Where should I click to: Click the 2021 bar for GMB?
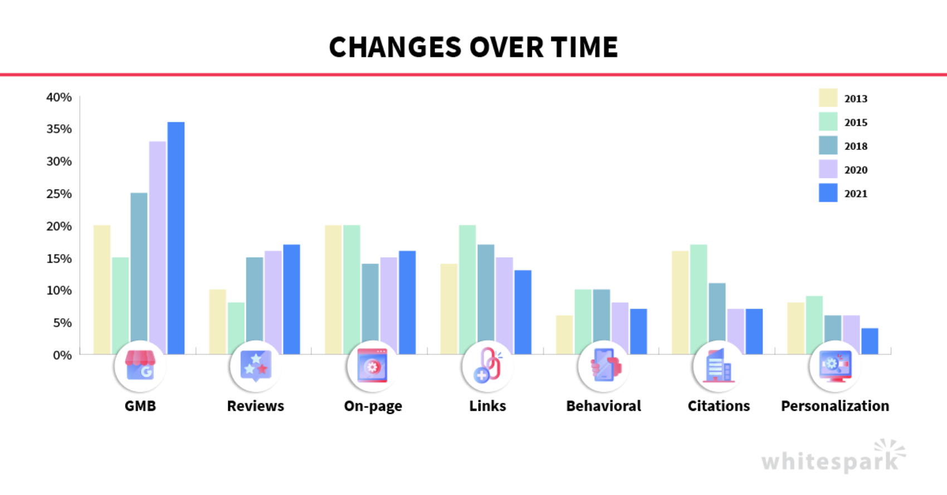click(x=176, y=234)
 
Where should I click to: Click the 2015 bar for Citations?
click(x=699, y=295)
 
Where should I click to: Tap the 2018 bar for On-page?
click(x=370, y=307)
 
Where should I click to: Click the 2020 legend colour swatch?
click(x=828, y=169)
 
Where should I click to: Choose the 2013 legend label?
click(x=856, y=99)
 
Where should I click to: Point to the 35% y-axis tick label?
click(x=59, y=129)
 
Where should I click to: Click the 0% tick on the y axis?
click(x=62, y=355)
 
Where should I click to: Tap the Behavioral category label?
click(x=603, y=406)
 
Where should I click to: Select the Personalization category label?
click(x=834, y=406)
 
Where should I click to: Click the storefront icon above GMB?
click(x=140, y=366)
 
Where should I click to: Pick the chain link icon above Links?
click(x=487, y=366)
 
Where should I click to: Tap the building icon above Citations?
click(x=719, y=366)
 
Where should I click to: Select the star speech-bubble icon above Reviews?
click(x=256, y=366)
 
